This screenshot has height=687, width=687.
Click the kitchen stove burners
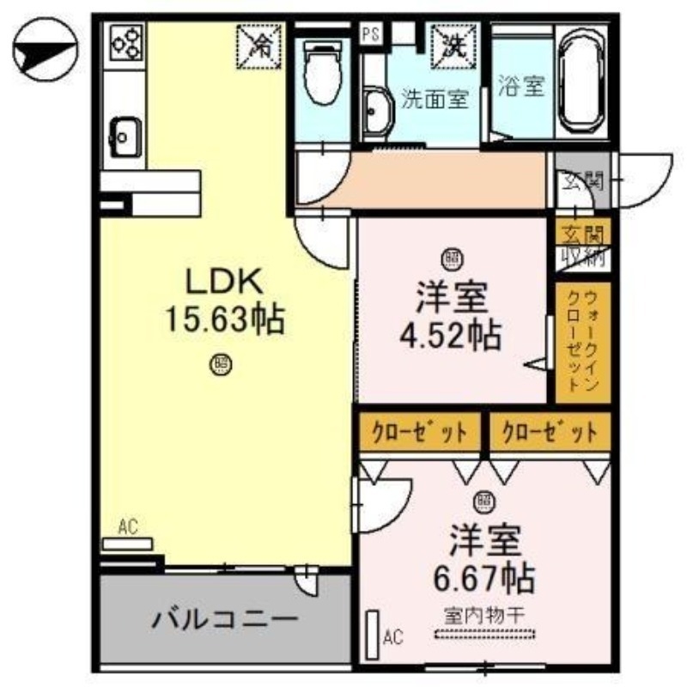(125, 42)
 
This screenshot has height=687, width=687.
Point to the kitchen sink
(125, 135)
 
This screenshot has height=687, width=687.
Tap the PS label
(370, 34)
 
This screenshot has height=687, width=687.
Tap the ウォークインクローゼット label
(580, 342)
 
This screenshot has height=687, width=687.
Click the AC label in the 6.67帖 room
(392, 636)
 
